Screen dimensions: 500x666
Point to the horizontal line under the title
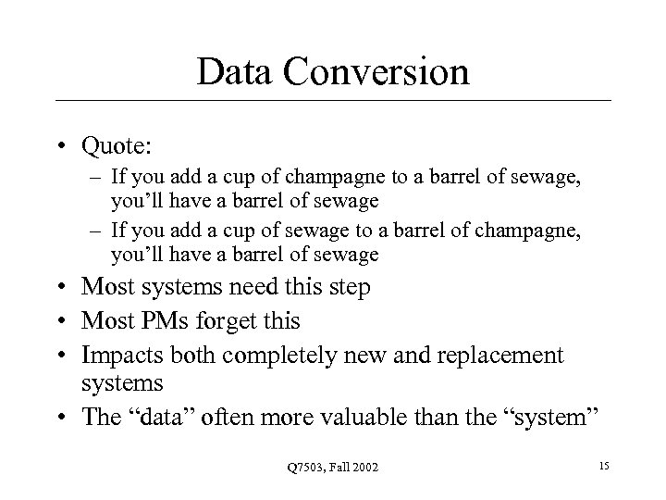click(333, 100)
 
